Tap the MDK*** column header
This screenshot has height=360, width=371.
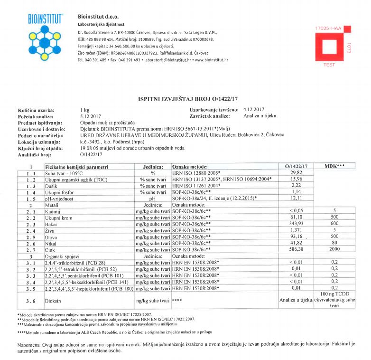click(x=334, y=166)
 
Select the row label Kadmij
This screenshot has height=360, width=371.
click(x=52, y=210)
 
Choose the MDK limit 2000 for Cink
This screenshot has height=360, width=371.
click(x=334, y=248)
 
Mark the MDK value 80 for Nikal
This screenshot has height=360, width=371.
click(x=334, y=242)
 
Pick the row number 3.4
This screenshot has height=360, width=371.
click(x=30, y=282)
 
